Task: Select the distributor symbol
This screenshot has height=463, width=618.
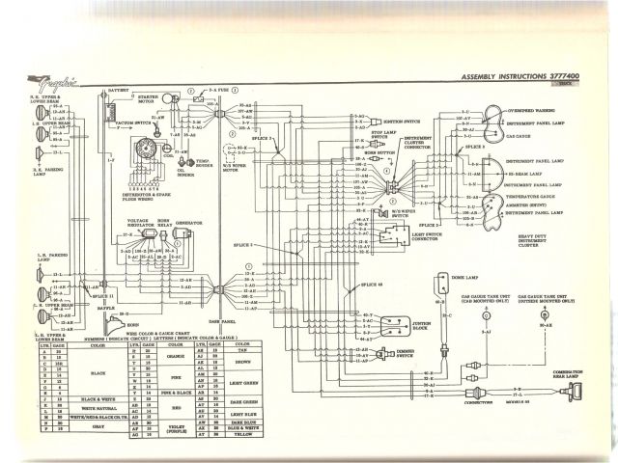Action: point(148,151)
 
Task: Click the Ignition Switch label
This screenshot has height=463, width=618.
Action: point(401,123)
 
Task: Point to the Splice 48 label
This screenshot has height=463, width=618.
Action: point(371,286)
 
